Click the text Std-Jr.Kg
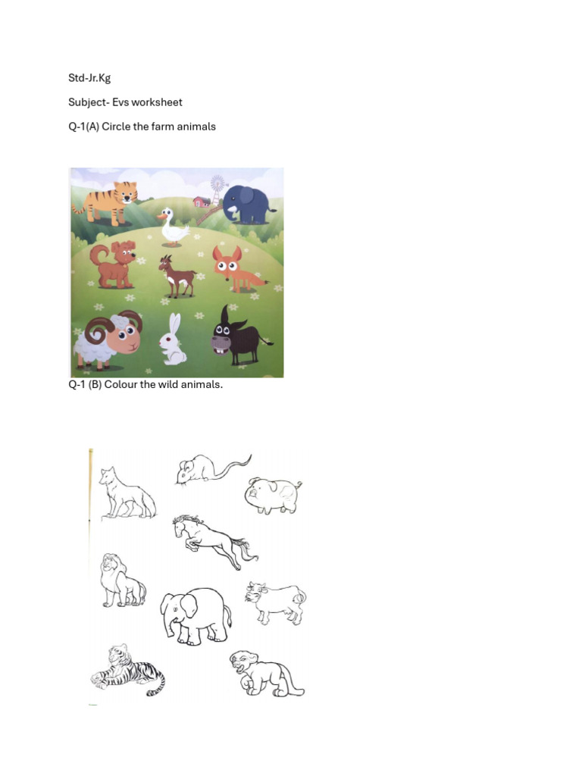[x=89, y=78]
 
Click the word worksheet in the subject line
[x=157, y=102]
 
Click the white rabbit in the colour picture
[x=174, y=341]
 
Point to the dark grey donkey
[x=235, y=336]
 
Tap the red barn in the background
[x=202, y=202]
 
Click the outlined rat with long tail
[x=205, y=468]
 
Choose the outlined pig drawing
[x=273, y=496]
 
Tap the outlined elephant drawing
[x=195, y=615]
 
